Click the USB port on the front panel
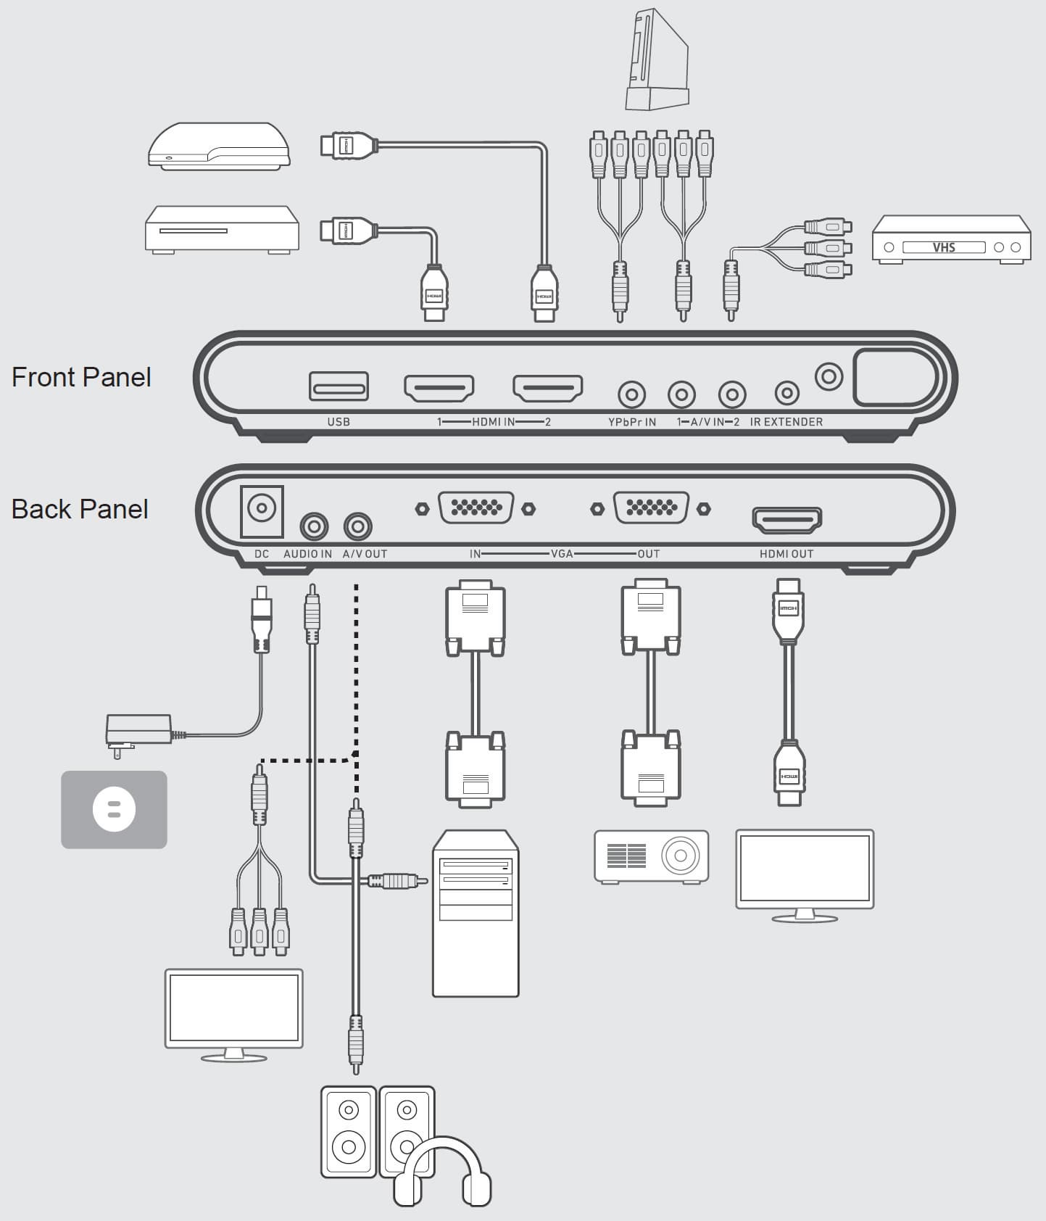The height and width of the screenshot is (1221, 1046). pos(339,386)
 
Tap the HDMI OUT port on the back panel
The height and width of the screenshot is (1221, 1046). pos(786,520)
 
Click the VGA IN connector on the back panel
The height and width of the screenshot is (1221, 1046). pos(476,508)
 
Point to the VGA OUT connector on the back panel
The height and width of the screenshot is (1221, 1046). pos(651,508)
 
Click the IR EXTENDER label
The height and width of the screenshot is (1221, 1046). pos(786,422)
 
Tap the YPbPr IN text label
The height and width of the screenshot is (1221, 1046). pos(632,422)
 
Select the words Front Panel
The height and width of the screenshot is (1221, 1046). pos(81,377)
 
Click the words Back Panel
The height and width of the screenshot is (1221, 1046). pos(80,509)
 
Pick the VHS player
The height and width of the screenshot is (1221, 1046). pos(951,239)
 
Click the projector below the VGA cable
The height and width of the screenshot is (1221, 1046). pos(651,856)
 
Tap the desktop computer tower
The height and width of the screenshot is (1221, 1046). pos(476,914)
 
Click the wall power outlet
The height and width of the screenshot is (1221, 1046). pos(114,809)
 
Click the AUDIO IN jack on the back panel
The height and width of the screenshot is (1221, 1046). pos(314,526)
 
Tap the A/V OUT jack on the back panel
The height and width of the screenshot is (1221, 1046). pos(357,526)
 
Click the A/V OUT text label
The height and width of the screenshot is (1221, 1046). pos(365,554)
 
